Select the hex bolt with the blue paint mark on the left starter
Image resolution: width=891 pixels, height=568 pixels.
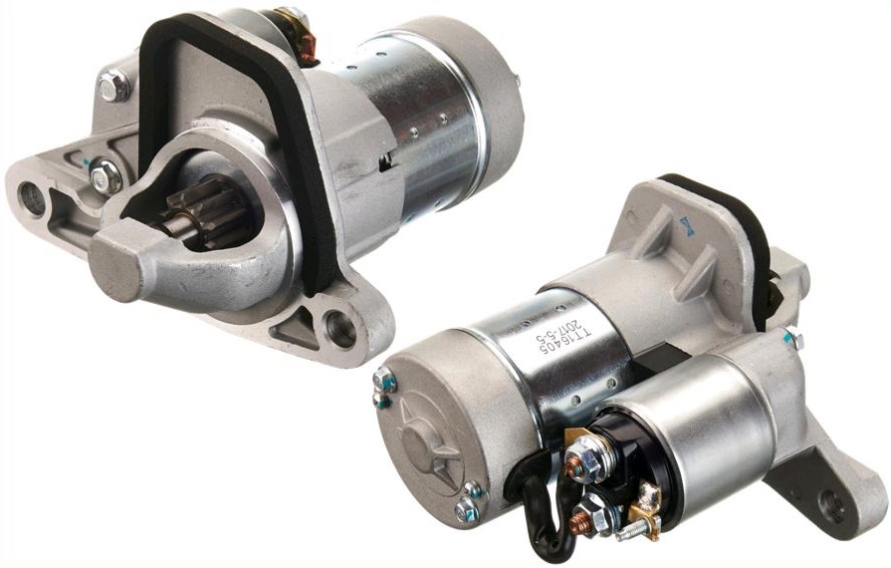pos(104,177)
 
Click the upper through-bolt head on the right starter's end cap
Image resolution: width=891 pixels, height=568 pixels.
pos(384,380)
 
